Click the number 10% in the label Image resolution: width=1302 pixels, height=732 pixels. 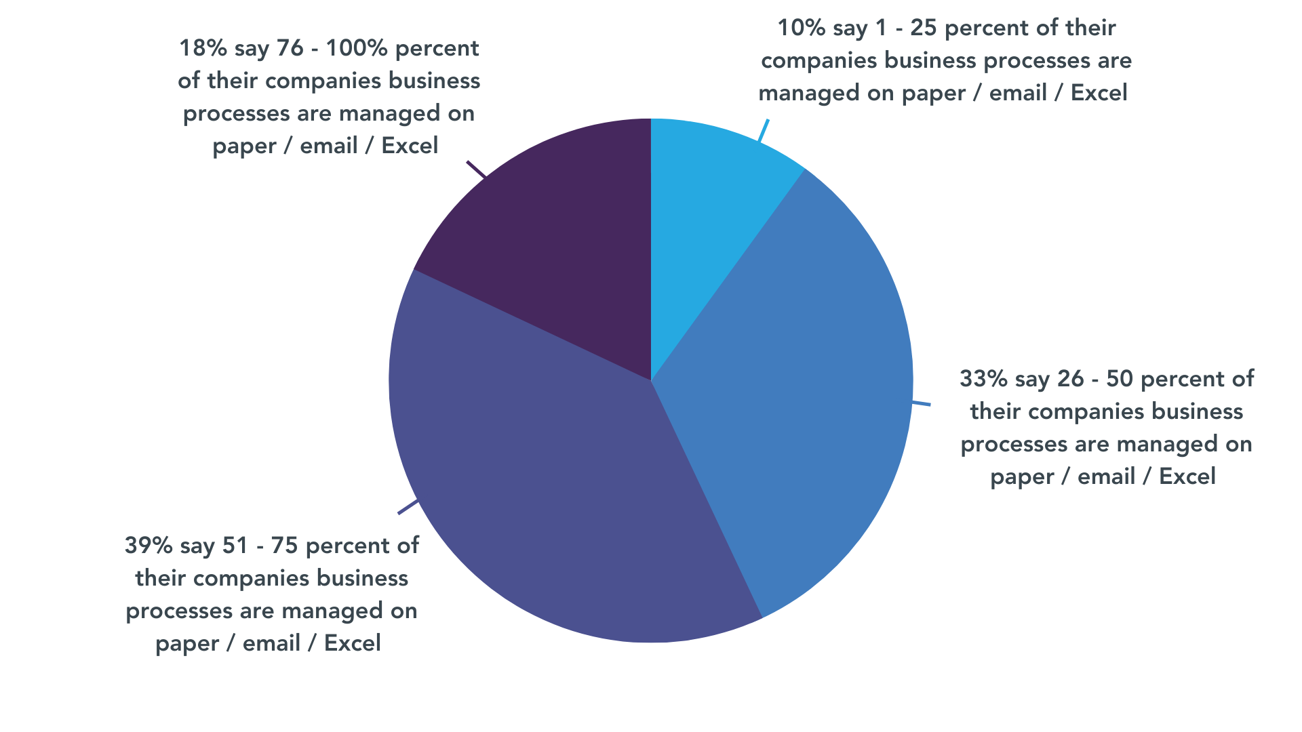click(801, 28)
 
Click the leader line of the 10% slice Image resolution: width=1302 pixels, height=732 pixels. click(764, 130)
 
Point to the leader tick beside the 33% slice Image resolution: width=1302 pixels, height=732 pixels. click(922, 404)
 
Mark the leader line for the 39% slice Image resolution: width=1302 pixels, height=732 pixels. click(408, 507)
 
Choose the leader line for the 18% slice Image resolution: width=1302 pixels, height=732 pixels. click(476, 169)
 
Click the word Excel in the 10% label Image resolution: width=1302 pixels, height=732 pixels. click(1099, 93)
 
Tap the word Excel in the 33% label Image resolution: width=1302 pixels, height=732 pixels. click(1187, 476)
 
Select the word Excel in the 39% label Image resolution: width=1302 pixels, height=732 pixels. click(353, 643)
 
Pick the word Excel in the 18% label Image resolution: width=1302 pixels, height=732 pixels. click(410, 146)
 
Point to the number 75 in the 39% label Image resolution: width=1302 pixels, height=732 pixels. click(284, 546)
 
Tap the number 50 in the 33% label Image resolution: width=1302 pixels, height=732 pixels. click(1119, 379)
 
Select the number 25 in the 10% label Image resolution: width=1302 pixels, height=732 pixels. click(923, 28)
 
